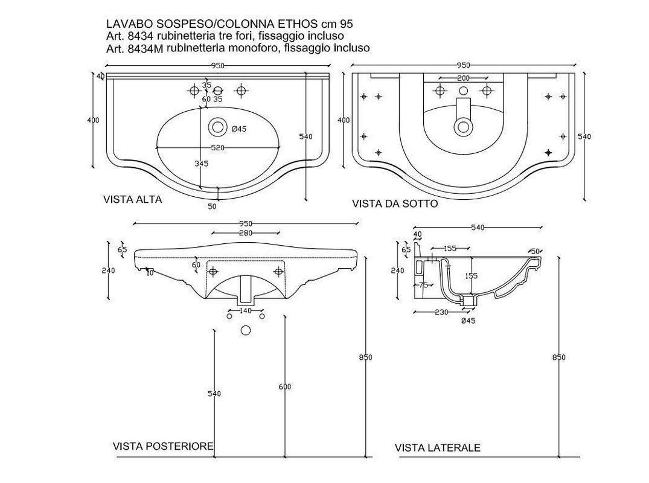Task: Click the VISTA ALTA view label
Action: point(132,199)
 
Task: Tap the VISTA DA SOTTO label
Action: point(395,204)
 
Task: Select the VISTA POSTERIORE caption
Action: point(163,446)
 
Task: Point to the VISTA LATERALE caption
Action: point(438,447)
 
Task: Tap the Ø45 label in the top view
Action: point(238,129)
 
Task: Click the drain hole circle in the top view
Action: point(216,127)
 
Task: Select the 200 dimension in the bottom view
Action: point(463,78)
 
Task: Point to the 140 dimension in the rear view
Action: point(245,310)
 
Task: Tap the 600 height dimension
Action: point(285,386)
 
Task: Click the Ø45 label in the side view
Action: point(468,321)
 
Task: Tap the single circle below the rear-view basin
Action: point(246,330)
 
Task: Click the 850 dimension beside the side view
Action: point(558,357)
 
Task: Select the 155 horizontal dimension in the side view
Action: point(449,248)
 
